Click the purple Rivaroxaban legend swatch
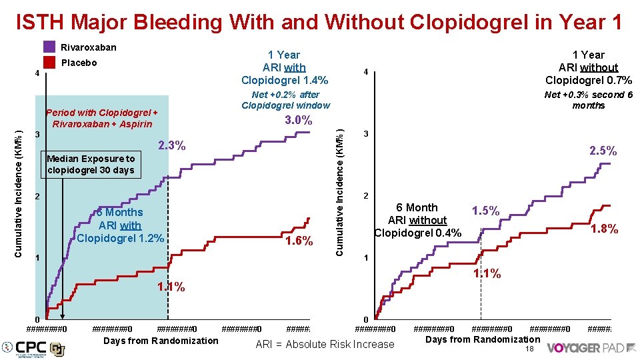click(49, 47)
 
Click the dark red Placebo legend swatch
click(49, 63)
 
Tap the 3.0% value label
click(298, 121)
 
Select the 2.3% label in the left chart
click(171, 145)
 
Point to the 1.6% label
click(299, 241)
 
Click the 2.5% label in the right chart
click(603, 151)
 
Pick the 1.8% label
click(605, 229)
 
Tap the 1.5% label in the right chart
click(485, 211)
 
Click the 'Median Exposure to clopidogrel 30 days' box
click(91, 164)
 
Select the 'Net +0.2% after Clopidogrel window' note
click(285, 100)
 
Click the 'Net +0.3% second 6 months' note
click(589, 100)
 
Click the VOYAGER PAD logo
click(589, 348)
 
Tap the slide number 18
click(530, 349)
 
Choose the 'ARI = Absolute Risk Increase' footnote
click(325, 345)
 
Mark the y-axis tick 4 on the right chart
click(365, 72)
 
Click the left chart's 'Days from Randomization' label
click(161, 341)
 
